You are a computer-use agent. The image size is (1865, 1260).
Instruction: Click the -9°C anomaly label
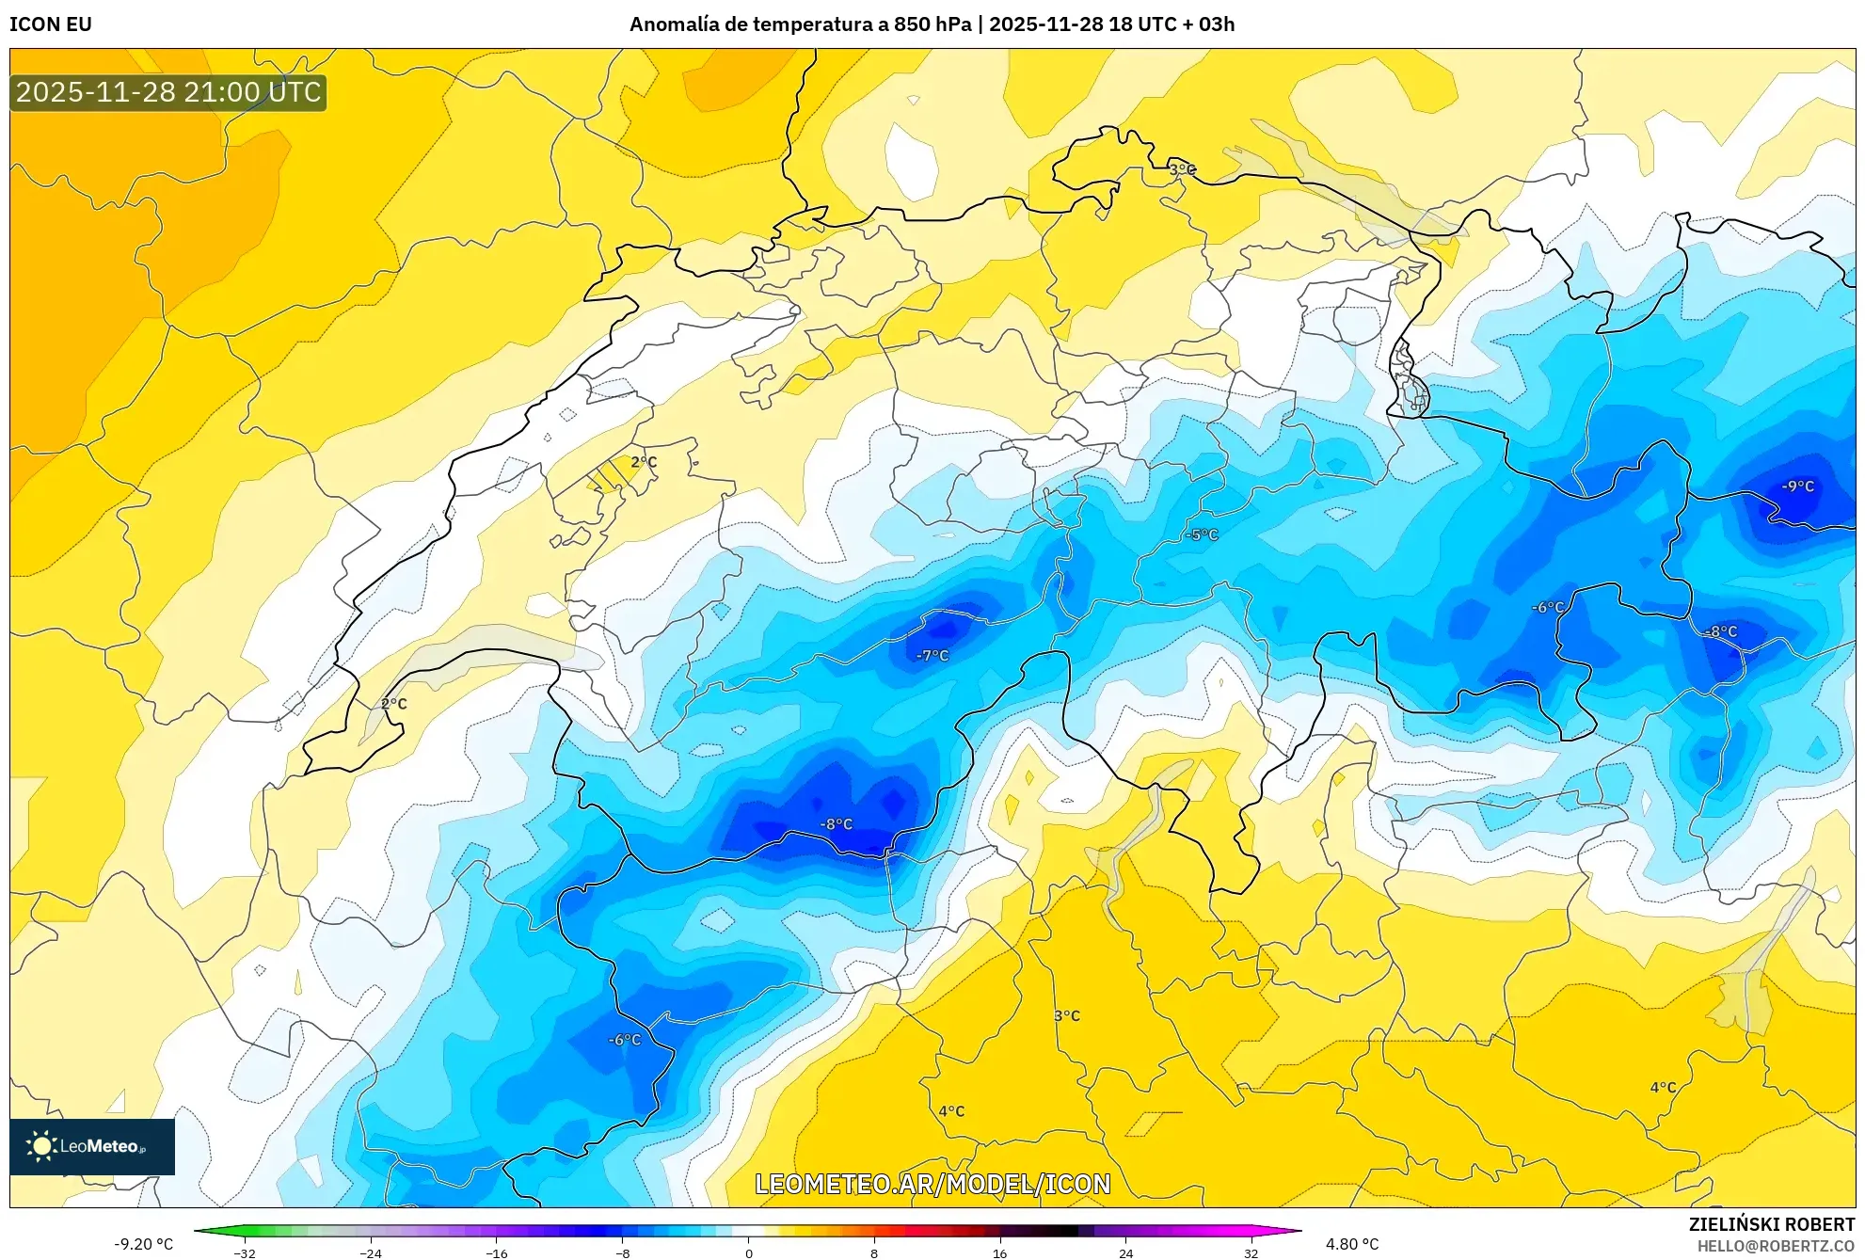(1797, 486)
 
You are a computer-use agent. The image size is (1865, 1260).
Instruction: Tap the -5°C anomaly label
(1202, 534)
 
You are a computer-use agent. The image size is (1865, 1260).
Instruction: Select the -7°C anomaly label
(932, 656)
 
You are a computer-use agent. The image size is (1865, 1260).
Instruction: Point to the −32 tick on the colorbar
(245, 1252)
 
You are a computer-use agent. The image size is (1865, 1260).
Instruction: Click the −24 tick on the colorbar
(371, 1252)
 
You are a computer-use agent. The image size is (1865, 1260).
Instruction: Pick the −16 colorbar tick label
(497, 1252)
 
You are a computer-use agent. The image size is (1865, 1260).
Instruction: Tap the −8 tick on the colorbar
(623, 1252)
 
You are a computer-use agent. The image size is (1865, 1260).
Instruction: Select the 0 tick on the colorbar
(749, 1252)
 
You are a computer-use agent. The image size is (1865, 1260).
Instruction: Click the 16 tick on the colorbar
(999, 1252)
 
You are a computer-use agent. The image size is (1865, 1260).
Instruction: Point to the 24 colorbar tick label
(1125, 1252)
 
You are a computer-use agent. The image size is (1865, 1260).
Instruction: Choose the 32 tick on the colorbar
(1251, 1252)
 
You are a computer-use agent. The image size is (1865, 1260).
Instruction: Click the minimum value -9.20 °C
(144, 1244)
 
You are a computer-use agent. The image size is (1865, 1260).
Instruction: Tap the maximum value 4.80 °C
(1352, 1244)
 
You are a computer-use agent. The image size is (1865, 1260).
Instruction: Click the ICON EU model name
(51, 24)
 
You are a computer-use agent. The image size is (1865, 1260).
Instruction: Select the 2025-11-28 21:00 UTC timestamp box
(168, 92)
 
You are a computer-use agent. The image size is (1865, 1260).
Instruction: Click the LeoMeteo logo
(92, 1146)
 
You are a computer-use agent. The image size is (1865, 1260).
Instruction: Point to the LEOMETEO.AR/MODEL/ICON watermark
(932, 1184)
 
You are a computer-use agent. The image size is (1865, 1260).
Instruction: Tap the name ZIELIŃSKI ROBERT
(1771, 1224)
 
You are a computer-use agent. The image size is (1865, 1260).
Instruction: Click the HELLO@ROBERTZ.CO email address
(1775, 1246)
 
